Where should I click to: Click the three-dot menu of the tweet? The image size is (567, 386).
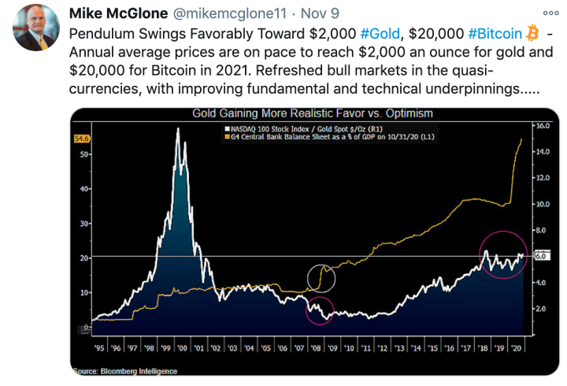tap(550, 13)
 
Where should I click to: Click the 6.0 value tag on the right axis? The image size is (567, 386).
tap(541, 256)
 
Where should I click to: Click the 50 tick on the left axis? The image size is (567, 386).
tap(84, 154)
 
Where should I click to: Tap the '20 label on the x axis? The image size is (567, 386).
tap(514, 347)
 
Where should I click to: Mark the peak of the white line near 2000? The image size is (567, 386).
tap(178, 128)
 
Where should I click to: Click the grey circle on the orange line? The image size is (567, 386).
tap(321, 277)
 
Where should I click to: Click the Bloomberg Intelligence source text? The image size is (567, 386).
tap(126, 370)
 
